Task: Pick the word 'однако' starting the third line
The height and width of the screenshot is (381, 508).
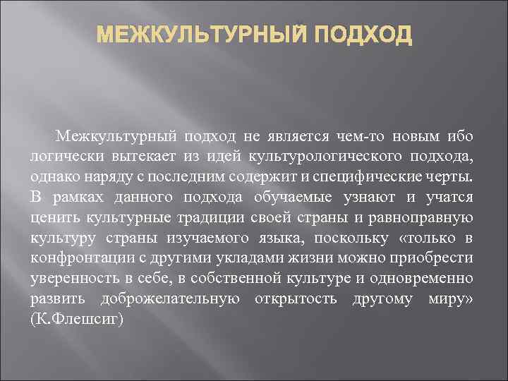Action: pos(55,176)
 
